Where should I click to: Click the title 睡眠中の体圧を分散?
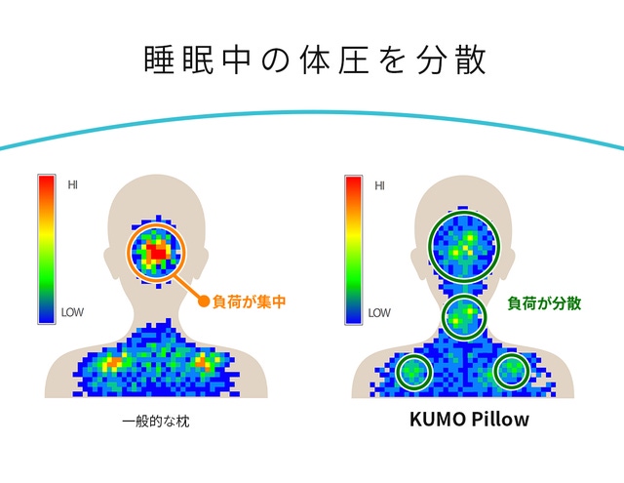click(314, 60)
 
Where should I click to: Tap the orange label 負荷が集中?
click(250, 302)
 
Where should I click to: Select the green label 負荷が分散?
click(544, 303)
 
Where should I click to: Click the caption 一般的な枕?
click(156, 421)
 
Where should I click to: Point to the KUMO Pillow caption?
click(469, 419)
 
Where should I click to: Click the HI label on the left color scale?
click(72, 184)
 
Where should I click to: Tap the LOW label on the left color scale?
click(72, 312)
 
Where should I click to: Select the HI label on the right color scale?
click(379, 186)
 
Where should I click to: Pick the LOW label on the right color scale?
click(379, 313)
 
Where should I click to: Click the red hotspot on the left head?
click(158, 253)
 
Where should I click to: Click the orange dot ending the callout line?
click(204, 302)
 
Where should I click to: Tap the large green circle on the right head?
click(429, 246)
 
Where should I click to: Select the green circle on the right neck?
click(443, 317)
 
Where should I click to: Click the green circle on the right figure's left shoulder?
click(397, 372)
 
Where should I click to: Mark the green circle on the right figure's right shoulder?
click(494, 371)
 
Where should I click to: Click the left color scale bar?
click(47, 249)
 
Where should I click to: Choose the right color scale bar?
click(353, 250)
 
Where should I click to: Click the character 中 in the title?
click(236, 60)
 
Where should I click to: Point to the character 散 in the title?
click(471, 60)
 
